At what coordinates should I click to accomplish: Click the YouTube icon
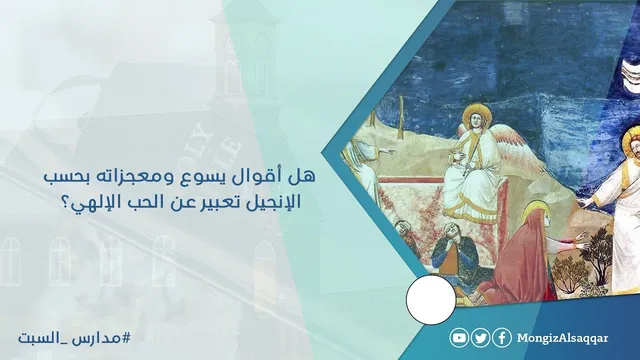459,338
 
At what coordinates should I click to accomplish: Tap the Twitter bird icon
481,338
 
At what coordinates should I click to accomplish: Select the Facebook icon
502,338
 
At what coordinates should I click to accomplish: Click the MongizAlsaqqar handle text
562,338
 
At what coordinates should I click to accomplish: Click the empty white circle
431,300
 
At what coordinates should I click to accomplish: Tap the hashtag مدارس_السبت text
74,338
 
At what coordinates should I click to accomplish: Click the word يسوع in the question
234,177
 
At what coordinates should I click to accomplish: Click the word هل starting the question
306,176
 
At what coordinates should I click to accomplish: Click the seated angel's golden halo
473,114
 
